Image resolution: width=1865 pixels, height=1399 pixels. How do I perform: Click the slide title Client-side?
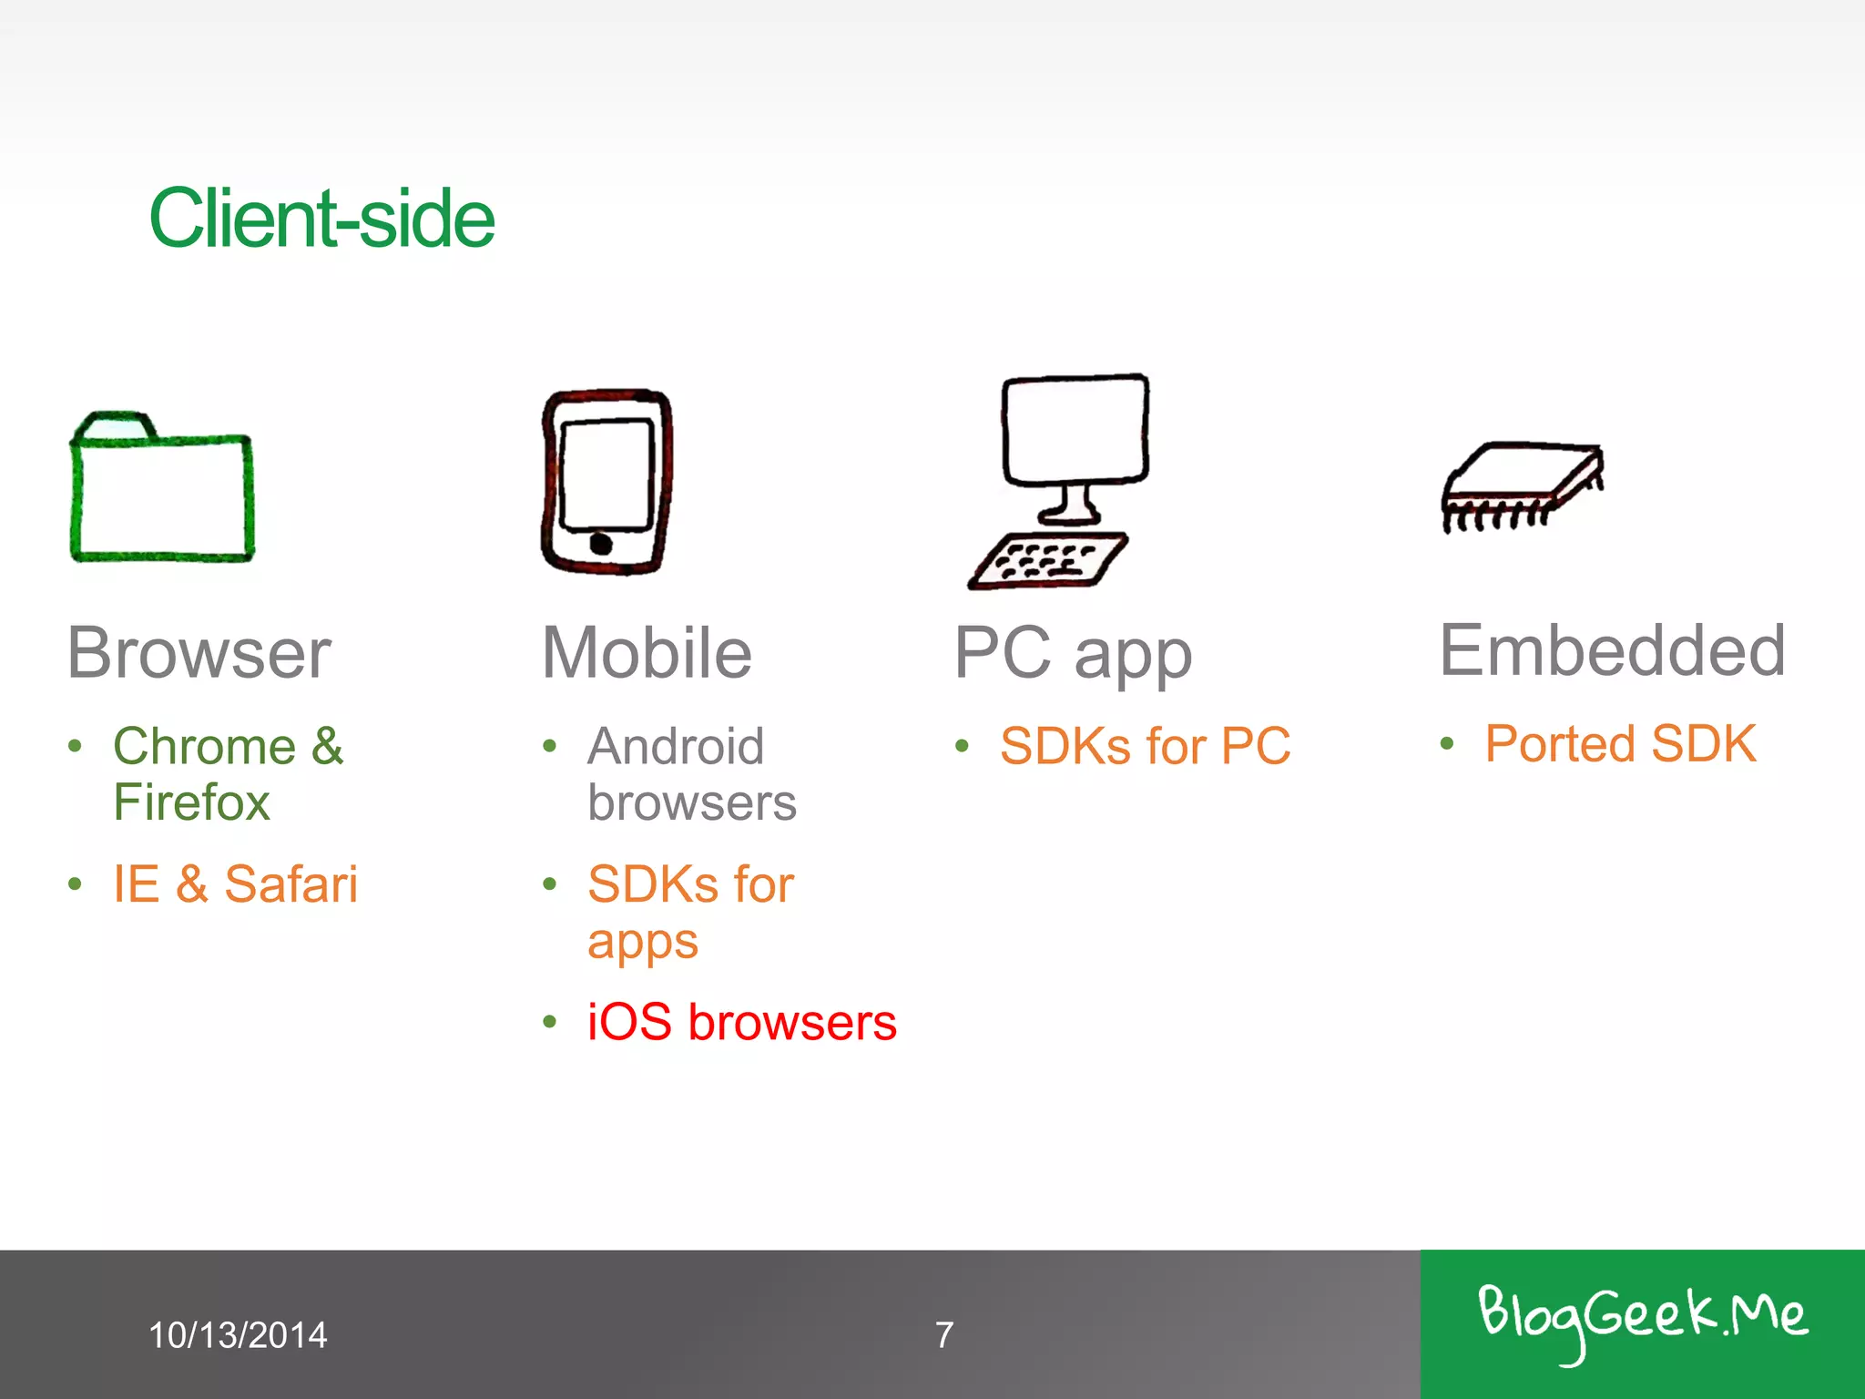click(321, 219)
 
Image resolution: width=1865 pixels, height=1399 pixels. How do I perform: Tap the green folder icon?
click(162, 490)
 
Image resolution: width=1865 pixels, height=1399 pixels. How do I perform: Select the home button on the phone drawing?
click(601, 545)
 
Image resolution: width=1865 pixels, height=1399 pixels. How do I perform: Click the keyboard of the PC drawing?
click(1047, 560)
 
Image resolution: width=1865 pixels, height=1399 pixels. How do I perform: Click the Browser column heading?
click(199, 653)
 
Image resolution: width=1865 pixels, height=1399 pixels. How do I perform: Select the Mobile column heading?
click(647, 653)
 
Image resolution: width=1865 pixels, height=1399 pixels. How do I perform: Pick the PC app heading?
click(1073, 653)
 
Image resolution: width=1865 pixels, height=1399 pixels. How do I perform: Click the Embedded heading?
click(1612, 650)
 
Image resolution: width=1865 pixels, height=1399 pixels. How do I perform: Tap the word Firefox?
click(191, 802)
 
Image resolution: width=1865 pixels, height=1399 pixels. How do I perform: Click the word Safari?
click(291, 883)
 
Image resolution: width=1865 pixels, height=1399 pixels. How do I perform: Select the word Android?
click(676, 747)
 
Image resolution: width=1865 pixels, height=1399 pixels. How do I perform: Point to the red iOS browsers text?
click(741, 1022)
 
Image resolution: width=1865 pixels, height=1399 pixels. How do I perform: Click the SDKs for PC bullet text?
click(1145, 746)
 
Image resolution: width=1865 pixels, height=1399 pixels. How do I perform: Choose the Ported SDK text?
click(1620, 743)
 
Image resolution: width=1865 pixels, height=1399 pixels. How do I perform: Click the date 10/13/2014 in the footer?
click(238, 1335)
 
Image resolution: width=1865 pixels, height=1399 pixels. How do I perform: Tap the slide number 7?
click(944, 1335)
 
